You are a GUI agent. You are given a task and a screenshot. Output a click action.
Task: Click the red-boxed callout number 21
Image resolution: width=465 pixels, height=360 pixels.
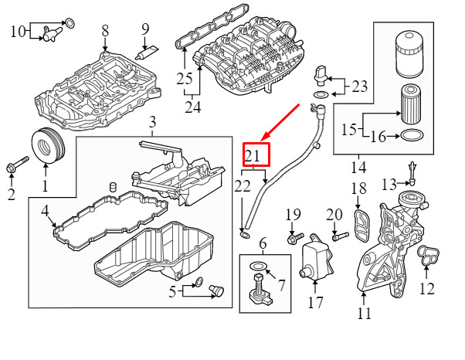[x=252, y=155]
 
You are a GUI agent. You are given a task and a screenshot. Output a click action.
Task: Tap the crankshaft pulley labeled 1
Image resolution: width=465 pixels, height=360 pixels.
[x=48, y=145]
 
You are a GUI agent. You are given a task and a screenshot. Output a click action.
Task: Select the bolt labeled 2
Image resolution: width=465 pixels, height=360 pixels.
[x=17, y=164]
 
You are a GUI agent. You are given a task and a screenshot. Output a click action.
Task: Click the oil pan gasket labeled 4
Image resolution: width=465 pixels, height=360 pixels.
[x=110, y=220]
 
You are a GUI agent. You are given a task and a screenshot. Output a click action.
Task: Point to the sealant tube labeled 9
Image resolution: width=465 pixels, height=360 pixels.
[x=147, y=53]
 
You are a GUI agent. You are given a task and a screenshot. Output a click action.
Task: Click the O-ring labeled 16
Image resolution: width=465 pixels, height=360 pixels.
[x=412, y=135]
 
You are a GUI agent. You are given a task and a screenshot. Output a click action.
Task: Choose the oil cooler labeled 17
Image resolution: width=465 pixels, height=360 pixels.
[x=316, y=256]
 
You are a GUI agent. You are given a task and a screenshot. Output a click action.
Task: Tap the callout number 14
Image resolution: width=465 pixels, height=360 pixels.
[x=358, y=168]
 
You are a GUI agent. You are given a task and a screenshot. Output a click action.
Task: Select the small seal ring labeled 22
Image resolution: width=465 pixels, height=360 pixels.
[x=245, y=236]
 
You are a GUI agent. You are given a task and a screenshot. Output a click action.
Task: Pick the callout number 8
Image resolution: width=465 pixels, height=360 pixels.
[x=105, y=31]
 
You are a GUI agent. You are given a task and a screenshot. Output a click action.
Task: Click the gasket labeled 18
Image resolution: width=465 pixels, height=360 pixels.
[x=362, y=226]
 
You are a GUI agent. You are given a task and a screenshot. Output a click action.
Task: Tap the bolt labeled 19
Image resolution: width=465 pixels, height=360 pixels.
[x=295, y=238]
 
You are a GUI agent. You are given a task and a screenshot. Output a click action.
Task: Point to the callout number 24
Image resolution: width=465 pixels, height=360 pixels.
[x=193, y=107]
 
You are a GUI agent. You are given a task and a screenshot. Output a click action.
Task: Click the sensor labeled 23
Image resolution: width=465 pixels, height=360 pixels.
[x=321, y=75]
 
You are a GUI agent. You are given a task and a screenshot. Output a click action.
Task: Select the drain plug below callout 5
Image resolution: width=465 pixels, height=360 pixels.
[x=216, y=290]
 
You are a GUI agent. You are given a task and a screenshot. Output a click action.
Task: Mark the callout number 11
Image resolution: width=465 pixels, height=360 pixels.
[x=364, y=313]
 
